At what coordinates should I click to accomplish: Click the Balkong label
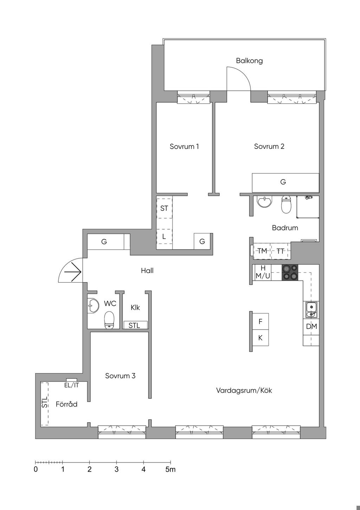(x=249, y=61)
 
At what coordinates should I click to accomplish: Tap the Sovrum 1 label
(x=184, y=146)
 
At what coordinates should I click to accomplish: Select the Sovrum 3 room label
(x=120, y=376)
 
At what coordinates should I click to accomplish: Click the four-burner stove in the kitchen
(x=290, y=272)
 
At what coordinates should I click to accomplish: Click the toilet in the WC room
(x=109, y=320)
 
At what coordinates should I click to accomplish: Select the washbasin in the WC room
(x=93, y=305)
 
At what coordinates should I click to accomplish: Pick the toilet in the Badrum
(x=286, y=204)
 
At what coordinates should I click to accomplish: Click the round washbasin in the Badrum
(x=264, y=201)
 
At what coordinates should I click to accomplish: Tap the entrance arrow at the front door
(x=73, y=272)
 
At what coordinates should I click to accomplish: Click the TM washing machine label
(x=262, y=251)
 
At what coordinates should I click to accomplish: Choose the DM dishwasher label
(x=311, y=327)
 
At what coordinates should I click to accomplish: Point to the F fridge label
(x=261, y=321)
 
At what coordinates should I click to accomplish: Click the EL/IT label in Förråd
(x=72, y=385)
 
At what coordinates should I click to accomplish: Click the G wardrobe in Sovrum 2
(x=285, y=183)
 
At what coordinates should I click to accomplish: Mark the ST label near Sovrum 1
(x=164, y=208)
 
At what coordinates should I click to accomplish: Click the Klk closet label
(x=135, y=308)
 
